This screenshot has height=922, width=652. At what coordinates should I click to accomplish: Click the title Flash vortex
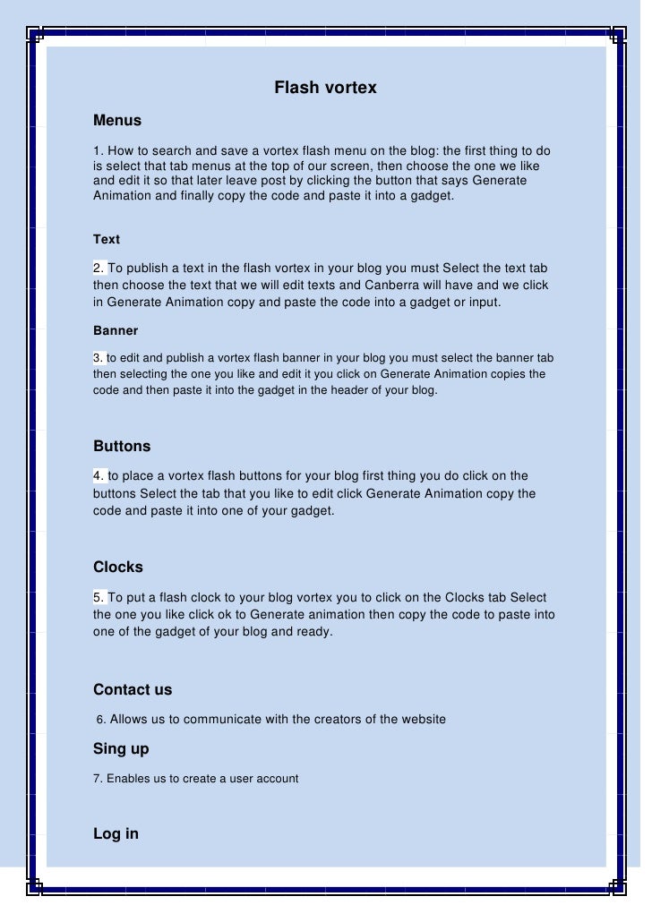pos(325,88)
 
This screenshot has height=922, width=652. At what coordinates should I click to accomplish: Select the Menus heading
pos(117,120)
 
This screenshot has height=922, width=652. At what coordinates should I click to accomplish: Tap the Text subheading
pos(107,239)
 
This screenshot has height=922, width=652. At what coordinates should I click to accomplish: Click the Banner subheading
pos(116,330)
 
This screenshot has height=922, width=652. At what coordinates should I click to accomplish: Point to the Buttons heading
pos(122,446)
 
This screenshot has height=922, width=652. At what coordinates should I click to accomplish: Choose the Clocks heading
pos(118,567)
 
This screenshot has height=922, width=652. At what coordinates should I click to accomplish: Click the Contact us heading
pos(133,689)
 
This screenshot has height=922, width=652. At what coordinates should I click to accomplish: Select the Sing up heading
pos(121,748)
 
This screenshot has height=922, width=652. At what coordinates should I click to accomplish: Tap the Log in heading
pos(116,833)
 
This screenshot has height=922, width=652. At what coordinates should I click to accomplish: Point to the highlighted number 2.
pos(99,269)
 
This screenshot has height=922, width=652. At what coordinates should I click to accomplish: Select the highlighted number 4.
pos(99,475)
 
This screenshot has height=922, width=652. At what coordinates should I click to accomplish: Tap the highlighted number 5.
pos(99,597)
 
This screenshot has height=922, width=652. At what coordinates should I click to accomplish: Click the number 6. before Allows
pos(101,719)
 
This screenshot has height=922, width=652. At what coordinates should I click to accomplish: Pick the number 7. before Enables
pos(99,779)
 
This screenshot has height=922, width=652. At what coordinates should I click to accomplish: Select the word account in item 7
pos(277,779)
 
